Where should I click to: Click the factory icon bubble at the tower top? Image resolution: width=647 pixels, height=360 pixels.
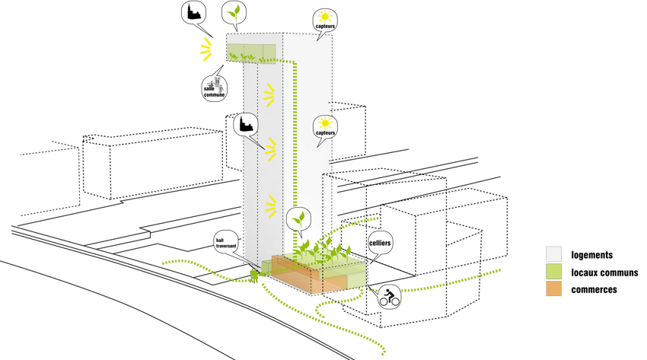tap(194, 13)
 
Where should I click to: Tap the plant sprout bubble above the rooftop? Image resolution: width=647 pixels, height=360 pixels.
tap(234, 13)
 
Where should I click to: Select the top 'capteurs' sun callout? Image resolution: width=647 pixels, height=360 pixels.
tap(325, 20)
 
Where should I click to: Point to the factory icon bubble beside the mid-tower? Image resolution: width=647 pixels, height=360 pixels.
tap(245, 124)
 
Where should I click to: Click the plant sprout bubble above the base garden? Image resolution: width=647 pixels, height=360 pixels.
tap(299, 221)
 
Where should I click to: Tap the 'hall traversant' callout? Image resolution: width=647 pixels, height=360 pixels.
tap(226, 245)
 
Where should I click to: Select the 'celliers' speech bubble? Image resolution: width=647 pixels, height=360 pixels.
tap(380, 244)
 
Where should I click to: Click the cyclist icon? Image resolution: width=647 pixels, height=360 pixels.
tap(390, 297)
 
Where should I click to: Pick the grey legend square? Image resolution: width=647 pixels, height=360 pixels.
tap(553, 254)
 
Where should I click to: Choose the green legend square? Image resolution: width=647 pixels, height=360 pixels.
tap(553, 272)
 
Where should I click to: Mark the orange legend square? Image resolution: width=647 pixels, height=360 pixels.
tap(553, 289)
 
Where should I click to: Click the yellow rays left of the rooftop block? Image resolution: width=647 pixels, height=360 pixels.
tap(206, 49)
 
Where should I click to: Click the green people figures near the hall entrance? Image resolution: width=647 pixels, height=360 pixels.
tap(253, 273)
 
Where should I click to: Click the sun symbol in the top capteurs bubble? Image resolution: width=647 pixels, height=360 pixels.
tap(325, 15)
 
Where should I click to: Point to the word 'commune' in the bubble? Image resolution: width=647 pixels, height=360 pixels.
tap(214, 95)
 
